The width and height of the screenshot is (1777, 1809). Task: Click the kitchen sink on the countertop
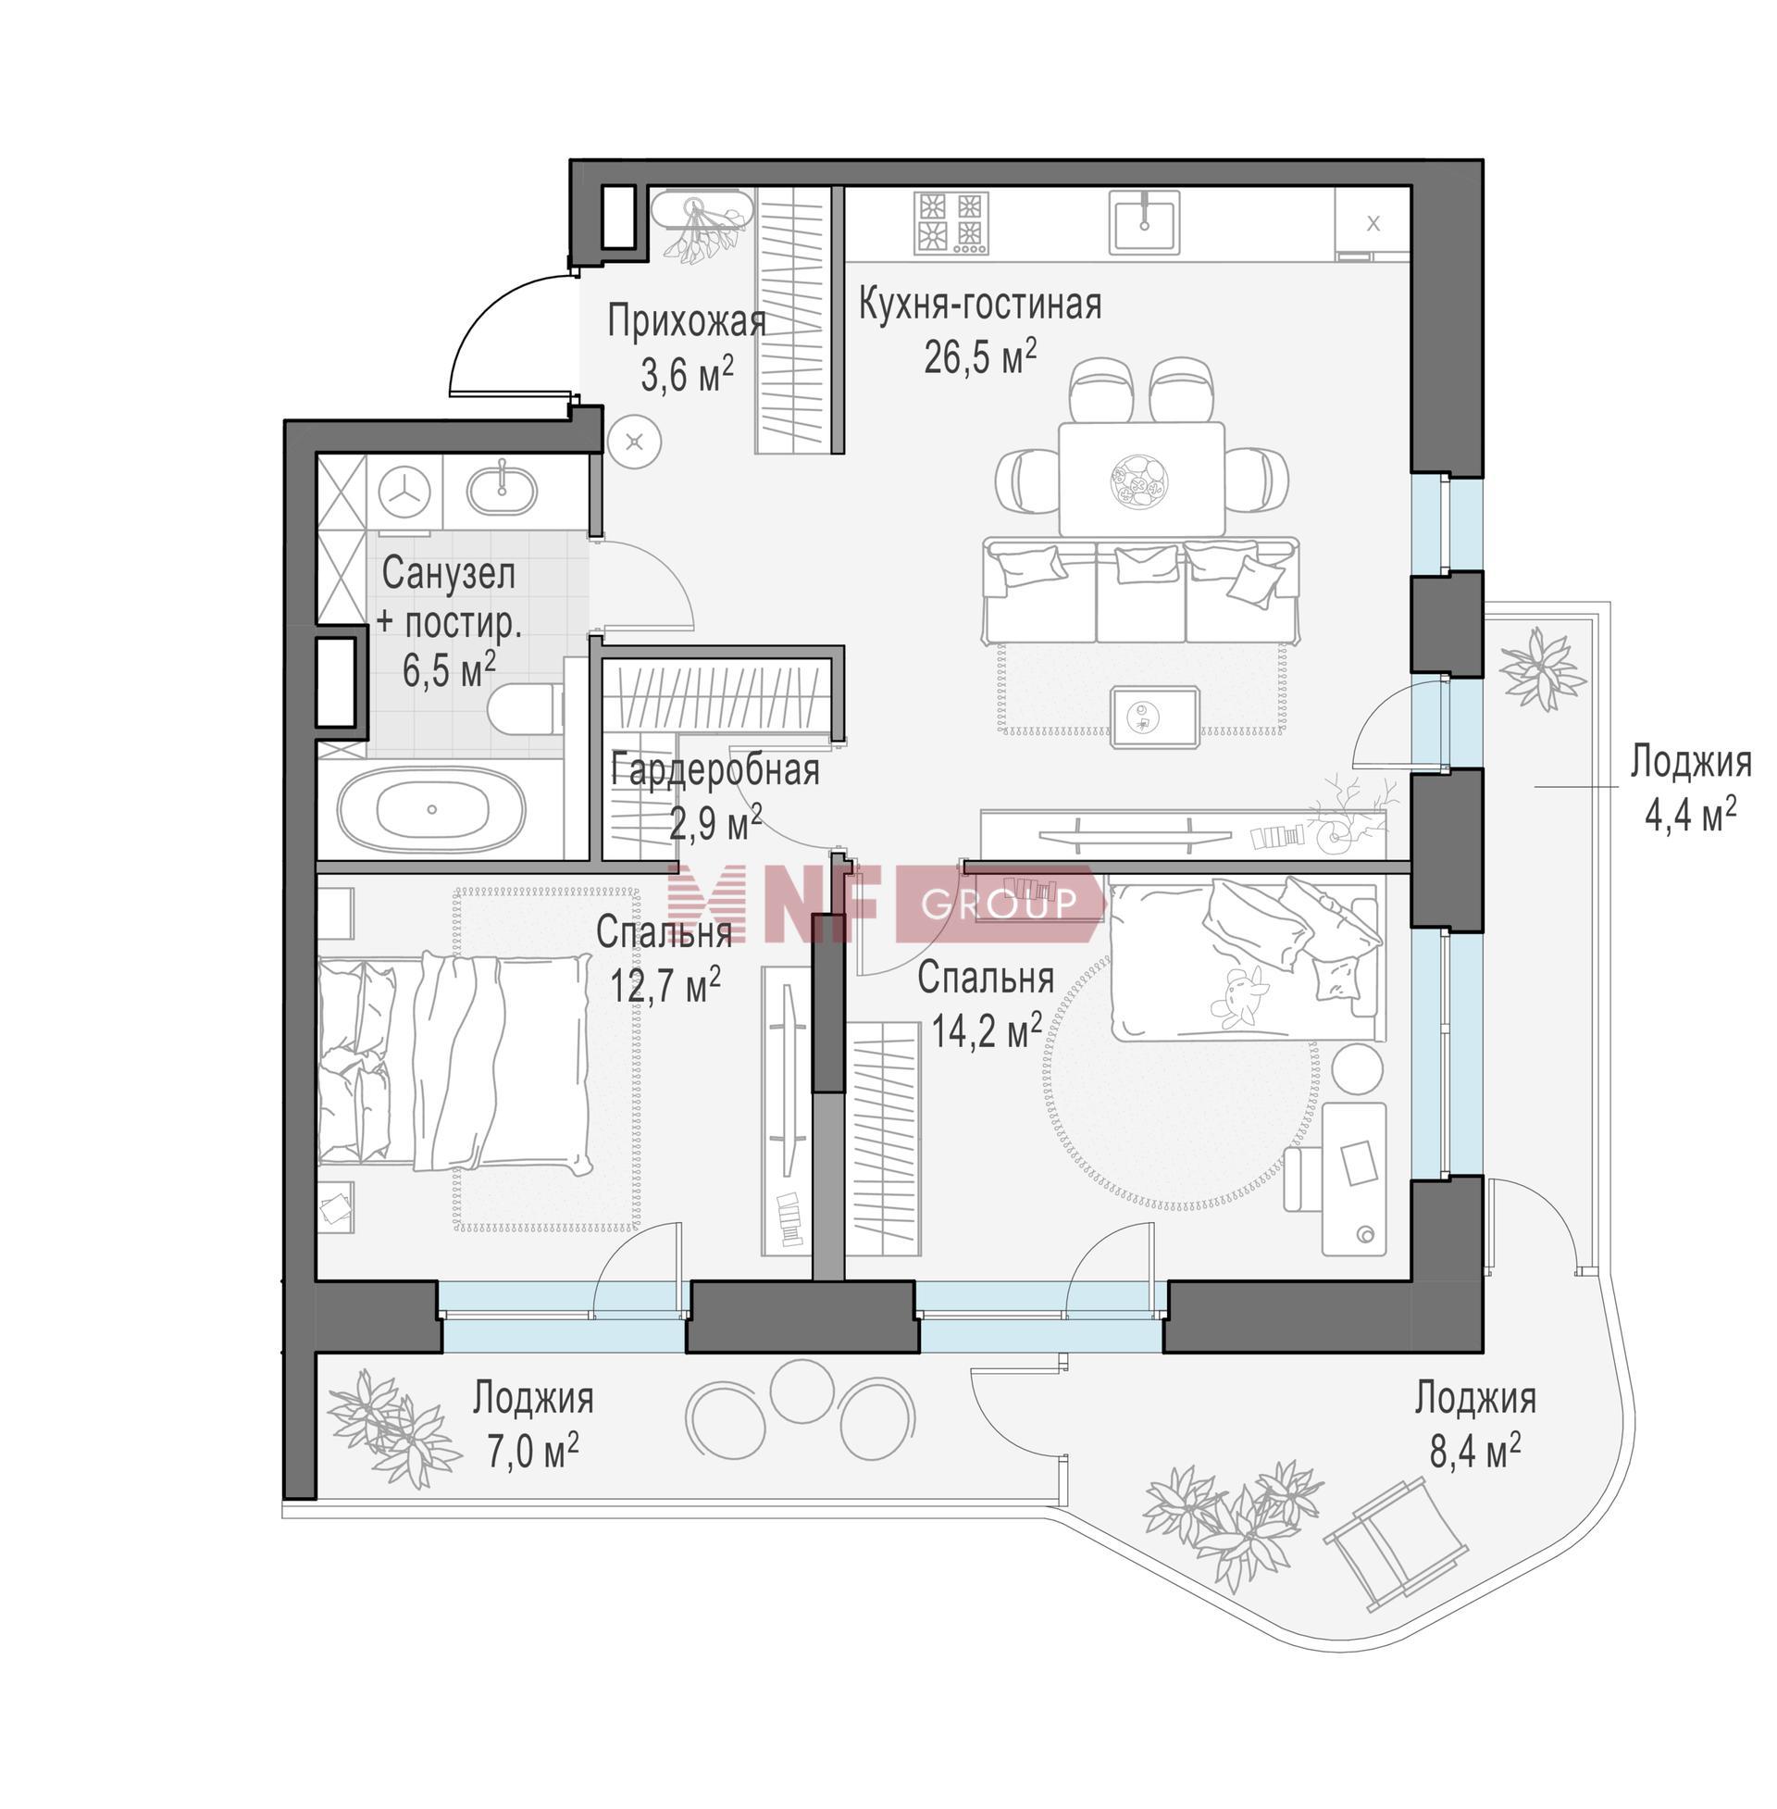(1144, 222)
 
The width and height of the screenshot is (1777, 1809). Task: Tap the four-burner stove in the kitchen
(951, 222)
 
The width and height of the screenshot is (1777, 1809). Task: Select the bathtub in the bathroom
(431, 809)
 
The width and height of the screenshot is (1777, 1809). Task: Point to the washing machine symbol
(405, 491)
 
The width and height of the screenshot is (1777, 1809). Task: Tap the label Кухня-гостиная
(979, 306)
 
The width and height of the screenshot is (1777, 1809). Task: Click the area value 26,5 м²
(979, 356)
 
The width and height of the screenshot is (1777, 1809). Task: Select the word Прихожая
(687, 322)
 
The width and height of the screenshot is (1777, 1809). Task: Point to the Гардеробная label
(715, 772)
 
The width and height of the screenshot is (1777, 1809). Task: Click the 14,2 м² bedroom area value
(987, 1030)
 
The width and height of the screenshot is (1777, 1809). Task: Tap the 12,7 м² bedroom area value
(665, 983)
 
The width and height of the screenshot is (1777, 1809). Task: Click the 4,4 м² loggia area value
(1689, 815)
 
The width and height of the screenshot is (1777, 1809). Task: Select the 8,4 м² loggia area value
(1474, 1452)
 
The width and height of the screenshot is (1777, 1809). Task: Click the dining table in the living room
(1140, 479)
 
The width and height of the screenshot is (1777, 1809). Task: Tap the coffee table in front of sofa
(1154, 717)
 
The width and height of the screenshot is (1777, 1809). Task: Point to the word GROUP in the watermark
(999, 903)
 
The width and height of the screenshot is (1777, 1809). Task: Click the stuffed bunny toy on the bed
(1236, 998)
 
